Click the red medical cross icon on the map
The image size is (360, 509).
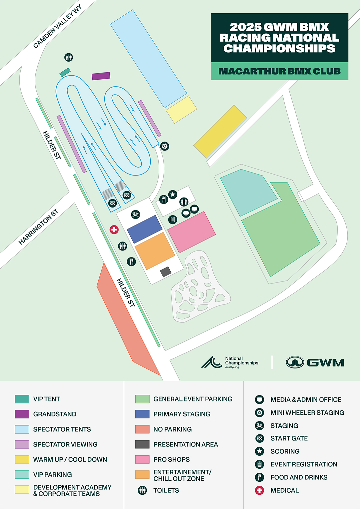[x=114, y=230]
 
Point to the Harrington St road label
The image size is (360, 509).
[x=38, y=227]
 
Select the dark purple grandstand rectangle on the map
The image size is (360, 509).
[x=101, y=76]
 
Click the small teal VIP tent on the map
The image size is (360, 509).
[x=65, y=72]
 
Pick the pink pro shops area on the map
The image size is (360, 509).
[x=191, y=232]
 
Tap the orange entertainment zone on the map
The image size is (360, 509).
[x=155, y=251]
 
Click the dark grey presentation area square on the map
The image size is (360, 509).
[x=166, y=272]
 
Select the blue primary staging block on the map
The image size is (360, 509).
[x=145, y=229]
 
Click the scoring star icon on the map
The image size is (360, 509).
[x=173, y=194]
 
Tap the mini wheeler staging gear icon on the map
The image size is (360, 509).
[x=165, y=146]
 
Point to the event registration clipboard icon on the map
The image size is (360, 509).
[x=172, y=220]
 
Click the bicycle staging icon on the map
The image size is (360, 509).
[x=135, y=214]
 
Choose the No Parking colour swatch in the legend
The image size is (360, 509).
[x=142, y=429]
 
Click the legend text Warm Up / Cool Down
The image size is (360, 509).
[x=70, y=459]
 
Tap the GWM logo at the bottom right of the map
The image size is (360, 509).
[x=315, y=362]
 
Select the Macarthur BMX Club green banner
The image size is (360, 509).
[x=279, y=71]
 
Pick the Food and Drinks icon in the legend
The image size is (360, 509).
[x=259, y=477]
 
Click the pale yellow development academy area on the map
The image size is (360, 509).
[x=181, y=109]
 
